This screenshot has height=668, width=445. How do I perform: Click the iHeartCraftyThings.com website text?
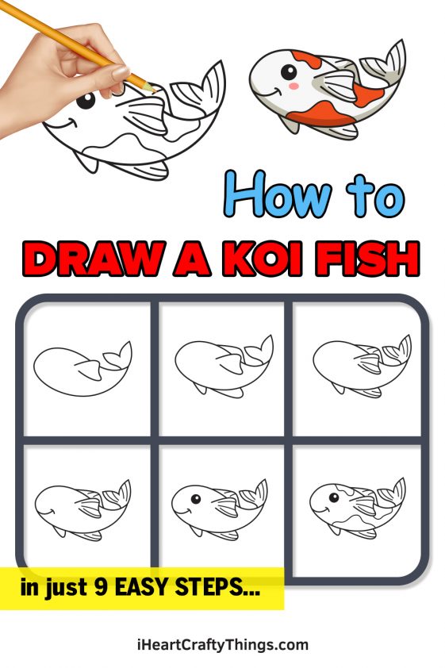[221, 644]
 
